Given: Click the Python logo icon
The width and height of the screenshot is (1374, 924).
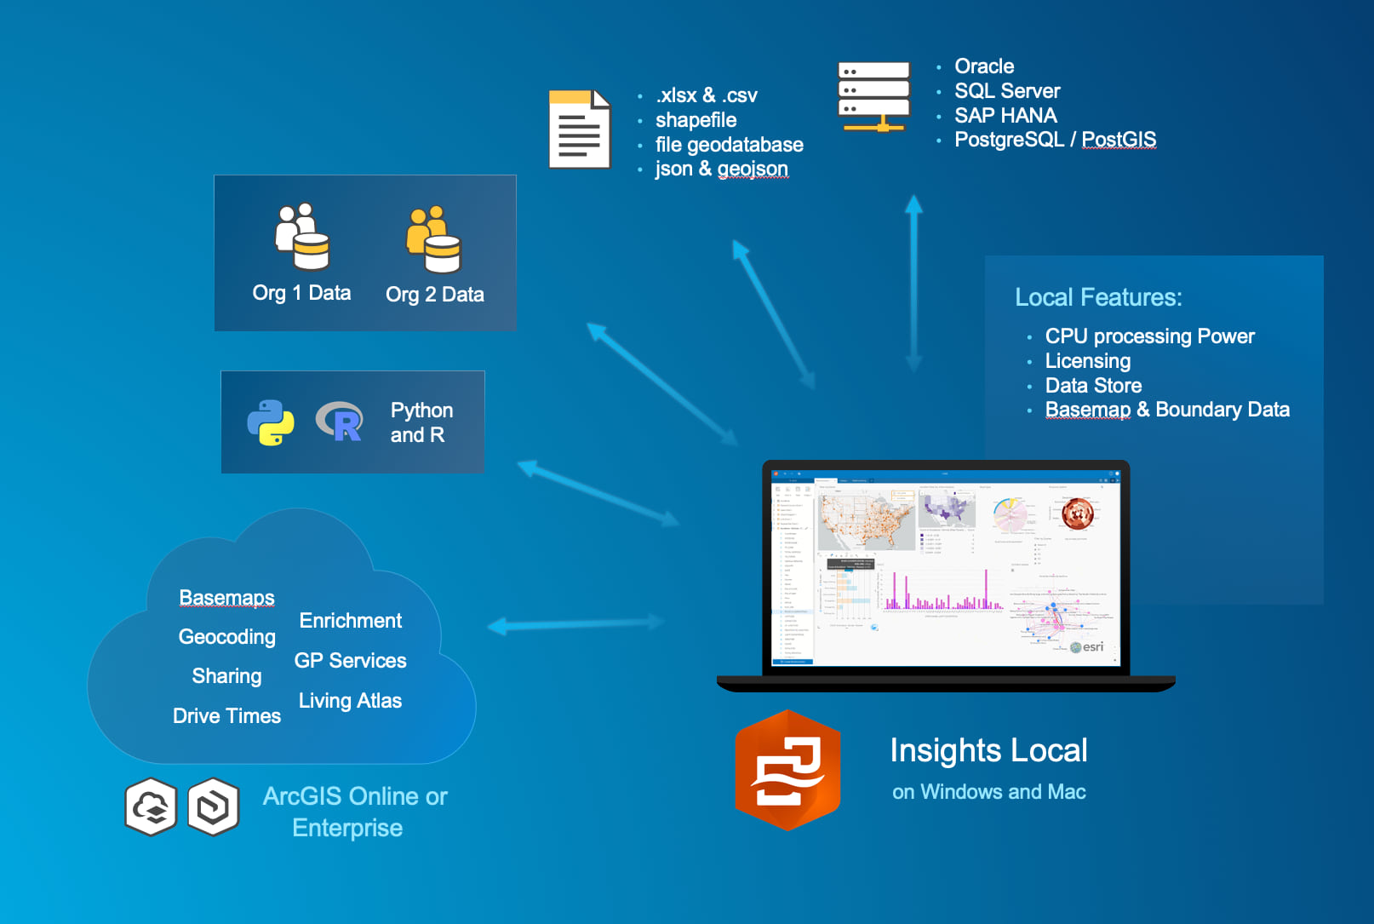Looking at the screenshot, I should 271,422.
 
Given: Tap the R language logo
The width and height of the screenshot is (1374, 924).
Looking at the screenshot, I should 340,422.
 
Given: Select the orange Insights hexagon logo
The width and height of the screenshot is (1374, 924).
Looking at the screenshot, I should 787,770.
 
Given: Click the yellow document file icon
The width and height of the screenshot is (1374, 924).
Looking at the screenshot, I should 580,129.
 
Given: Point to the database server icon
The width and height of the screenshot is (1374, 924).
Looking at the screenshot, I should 874,96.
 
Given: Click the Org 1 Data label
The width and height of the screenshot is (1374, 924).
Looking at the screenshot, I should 301,293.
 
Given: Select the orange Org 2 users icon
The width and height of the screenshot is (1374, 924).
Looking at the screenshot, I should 433,239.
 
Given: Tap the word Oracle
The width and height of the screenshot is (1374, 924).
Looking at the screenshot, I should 984,66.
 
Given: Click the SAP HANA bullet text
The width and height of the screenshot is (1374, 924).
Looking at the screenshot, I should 1005,115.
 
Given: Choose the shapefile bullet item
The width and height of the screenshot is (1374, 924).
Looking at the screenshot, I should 696,120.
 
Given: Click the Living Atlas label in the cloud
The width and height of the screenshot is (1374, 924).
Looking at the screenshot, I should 350,701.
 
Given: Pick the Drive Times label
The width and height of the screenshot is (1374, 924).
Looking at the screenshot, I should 226,716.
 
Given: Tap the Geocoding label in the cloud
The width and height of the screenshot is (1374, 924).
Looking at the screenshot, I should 226,637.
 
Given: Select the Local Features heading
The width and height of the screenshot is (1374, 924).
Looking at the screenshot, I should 1098,297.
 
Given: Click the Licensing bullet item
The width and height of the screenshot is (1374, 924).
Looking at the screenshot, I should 1087,361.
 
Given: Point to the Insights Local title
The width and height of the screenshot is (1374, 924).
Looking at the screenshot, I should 988,751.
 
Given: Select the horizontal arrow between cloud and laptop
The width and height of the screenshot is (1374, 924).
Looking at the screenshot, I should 576,625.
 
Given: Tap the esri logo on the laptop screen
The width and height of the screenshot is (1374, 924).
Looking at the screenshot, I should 1088,647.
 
